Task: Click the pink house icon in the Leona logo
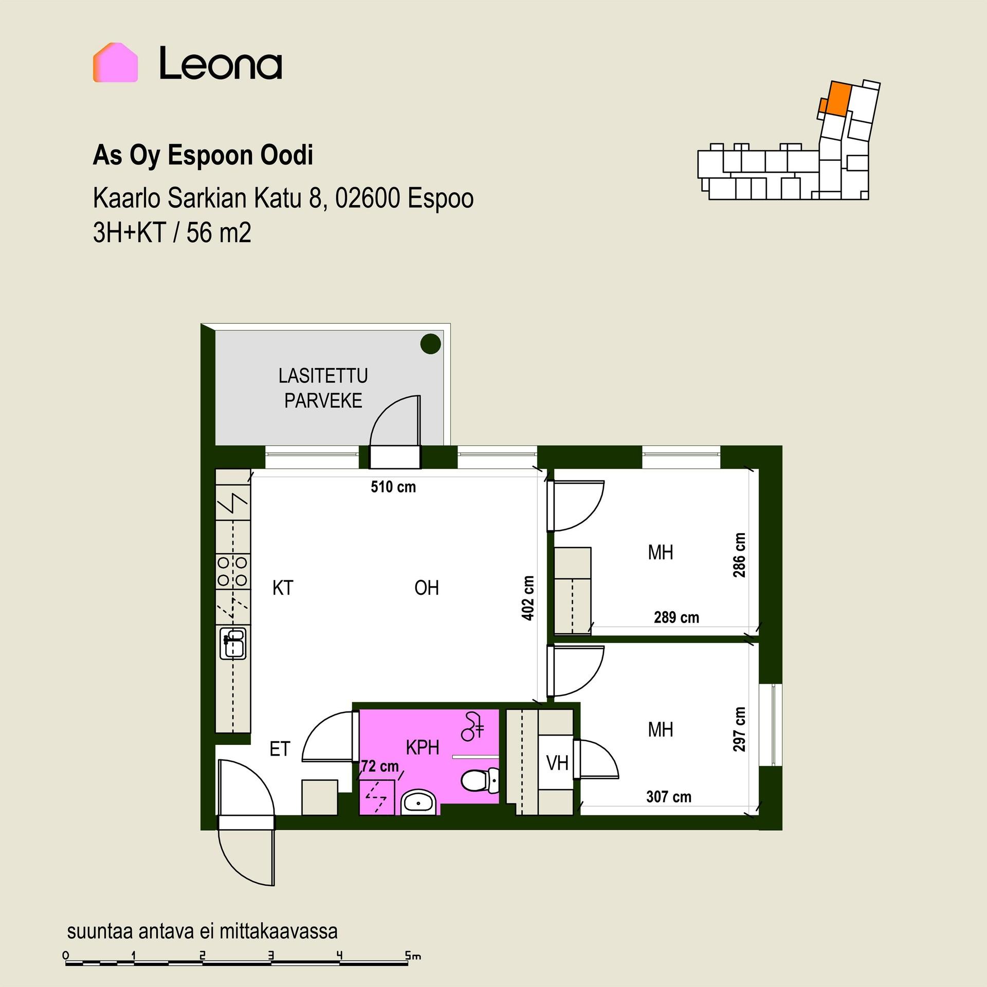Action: coord(115,62)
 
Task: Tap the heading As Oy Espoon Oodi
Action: coord(203,155)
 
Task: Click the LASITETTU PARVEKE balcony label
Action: coord(323,388)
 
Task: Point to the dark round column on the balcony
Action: coord(431,344)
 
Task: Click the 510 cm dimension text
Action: coord(393,487)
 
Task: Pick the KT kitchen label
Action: coord(283,588)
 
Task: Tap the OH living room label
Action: coord(427,588)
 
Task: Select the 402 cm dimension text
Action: coord(528,598)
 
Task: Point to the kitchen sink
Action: coord(233,643)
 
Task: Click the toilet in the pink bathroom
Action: coord(480,781)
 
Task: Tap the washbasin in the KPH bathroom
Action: coord(418,801)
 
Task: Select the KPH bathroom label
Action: coord(423,748)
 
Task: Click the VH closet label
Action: coord(557,763)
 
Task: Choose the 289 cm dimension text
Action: coord(677,617)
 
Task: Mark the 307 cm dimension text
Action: coord(669,797)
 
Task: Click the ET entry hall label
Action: coord(280,749)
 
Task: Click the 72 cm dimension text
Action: coord(380,766)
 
